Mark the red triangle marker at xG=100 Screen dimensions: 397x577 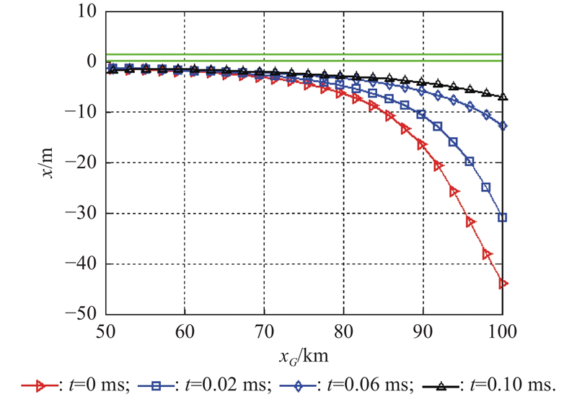click(x=503, y=284)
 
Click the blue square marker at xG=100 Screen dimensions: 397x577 click(x=503, y=217)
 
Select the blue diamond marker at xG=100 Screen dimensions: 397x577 click(x=503, y=126)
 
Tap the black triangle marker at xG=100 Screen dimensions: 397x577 click(x=503, y=97)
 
